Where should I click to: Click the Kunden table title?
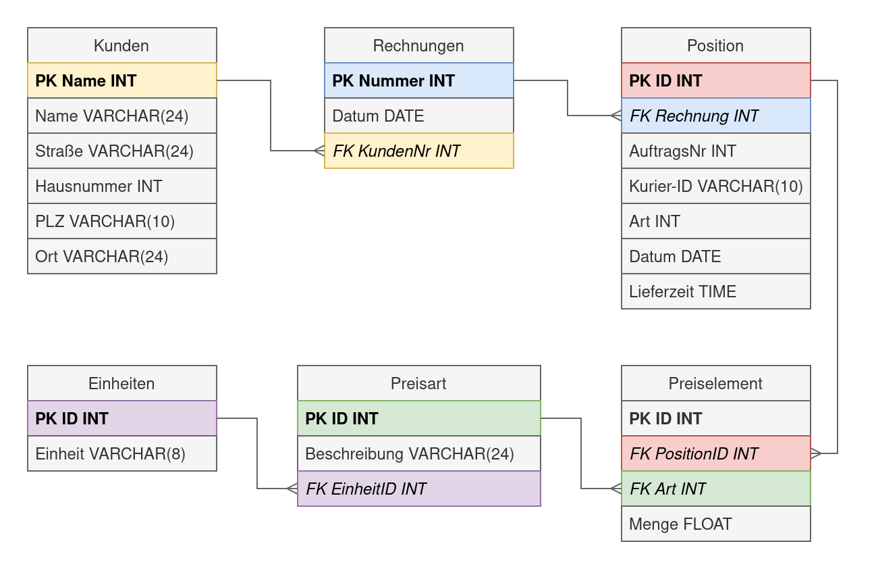click(x=121, y=45)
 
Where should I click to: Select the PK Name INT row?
click(x=121, y=80)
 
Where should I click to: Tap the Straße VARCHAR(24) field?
click(x=121, y=151)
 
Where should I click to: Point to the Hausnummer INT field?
click(x=121, y=186)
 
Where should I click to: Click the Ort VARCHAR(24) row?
click(x=121, y=256)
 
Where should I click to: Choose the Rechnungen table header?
click(x=418, y=45)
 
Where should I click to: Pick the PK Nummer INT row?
click(x=418, y=80)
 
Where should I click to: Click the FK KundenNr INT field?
click(x=418, y=151)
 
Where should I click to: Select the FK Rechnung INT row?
click(x=715, y=116)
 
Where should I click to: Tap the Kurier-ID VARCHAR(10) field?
click(x=715, y=186)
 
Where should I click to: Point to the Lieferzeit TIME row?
click(x=715, y=291)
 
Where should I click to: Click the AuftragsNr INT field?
click(x=715, y=151)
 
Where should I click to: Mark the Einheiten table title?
click(x=121, y=383)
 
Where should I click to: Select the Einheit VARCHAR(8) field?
click(x=121, y=453)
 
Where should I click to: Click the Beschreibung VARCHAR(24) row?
click(x=418, y=453)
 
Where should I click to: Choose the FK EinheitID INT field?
click(x=418, y=489)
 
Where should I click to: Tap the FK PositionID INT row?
click(x=715, y=453)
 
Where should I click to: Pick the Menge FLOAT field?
click(x=715, y=524)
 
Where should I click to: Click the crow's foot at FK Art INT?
click(x=615, y=489)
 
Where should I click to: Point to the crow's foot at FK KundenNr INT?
click(x=319, y=151)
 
